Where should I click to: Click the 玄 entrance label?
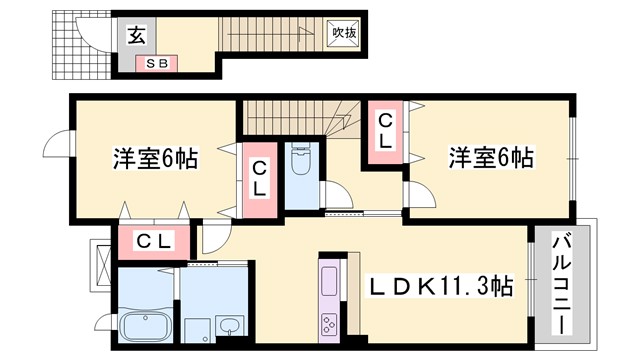click(137, 36)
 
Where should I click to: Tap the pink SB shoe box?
click(157, 64)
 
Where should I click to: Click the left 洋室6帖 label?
click(153, 158)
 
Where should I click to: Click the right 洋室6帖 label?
click(489, 158)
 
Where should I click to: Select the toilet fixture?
click(300, 160)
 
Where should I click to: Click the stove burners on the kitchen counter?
click(329, 324)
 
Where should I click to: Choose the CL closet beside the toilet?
click(259, 178)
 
